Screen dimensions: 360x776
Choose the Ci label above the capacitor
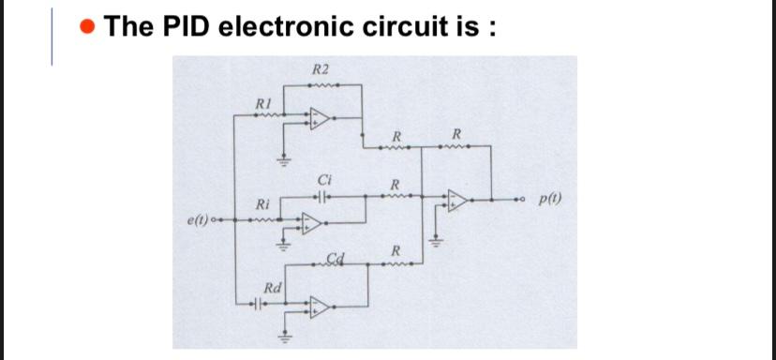[324, 179]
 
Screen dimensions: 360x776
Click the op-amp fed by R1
[319, 118]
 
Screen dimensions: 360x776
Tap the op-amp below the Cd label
[320, 306]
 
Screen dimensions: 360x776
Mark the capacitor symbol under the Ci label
[324, 198]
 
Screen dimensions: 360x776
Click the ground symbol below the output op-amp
[433, 240]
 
